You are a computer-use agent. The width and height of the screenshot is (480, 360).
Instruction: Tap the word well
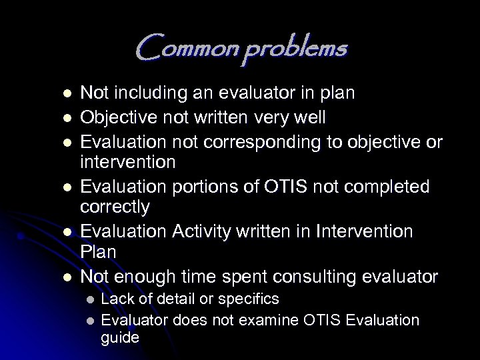(310, 118)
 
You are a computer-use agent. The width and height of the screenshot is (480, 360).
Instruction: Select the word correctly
(115, 207)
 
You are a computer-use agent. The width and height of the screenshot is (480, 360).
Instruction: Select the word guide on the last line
(120, 338)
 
